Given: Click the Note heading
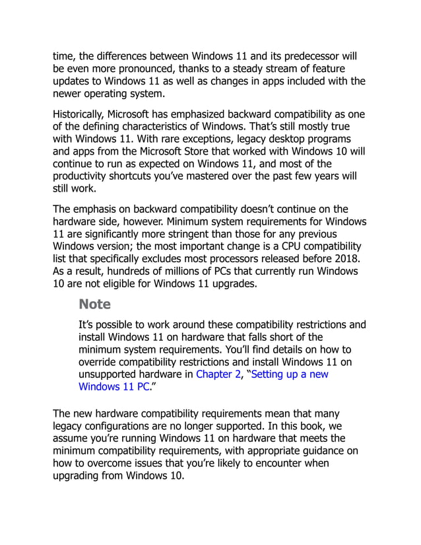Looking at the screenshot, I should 94,305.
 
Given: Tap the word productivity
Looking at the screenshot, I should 84,176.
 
